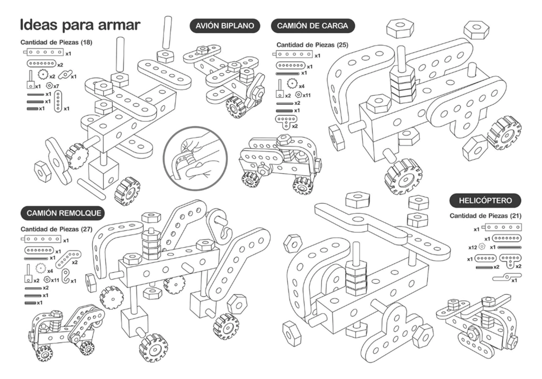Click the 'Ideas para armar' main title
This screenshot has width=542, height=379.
click(80, 25)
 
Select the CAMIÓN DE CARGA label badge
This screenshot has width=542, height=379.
click(312, 26)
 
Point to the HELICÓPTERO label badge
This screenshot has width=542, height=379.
click(485, 201)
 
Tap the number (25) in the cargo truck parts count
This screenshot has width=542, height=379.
click(343, 45)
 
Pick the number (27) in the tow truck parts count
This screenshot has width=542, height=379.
click(86, 229)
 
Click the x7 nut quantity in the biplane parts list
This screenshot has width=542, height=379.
click(56, 86)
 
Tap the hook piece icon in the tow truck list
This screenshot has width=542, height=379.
click(66, 276)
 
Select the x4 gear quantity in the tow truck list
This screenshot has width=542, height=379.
click(50, 270)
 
